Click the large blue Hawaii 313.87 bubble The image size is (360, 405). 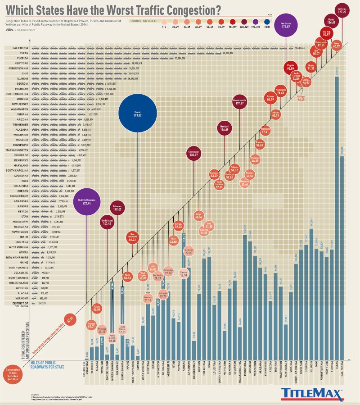pyautogui.click(x=137, y=114)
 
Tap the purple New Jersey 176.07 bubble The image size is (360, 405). pyautogui.click(x=285, y=25)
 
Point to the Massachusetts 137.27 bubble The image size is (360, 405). pyautogui.click(x=239, y=101)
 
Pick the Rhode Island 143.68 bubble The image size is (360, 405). pyautogui.click(x=107, y=222)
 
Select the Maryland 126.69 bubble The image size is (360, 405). pyautogui.click(x=224, y=128)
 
